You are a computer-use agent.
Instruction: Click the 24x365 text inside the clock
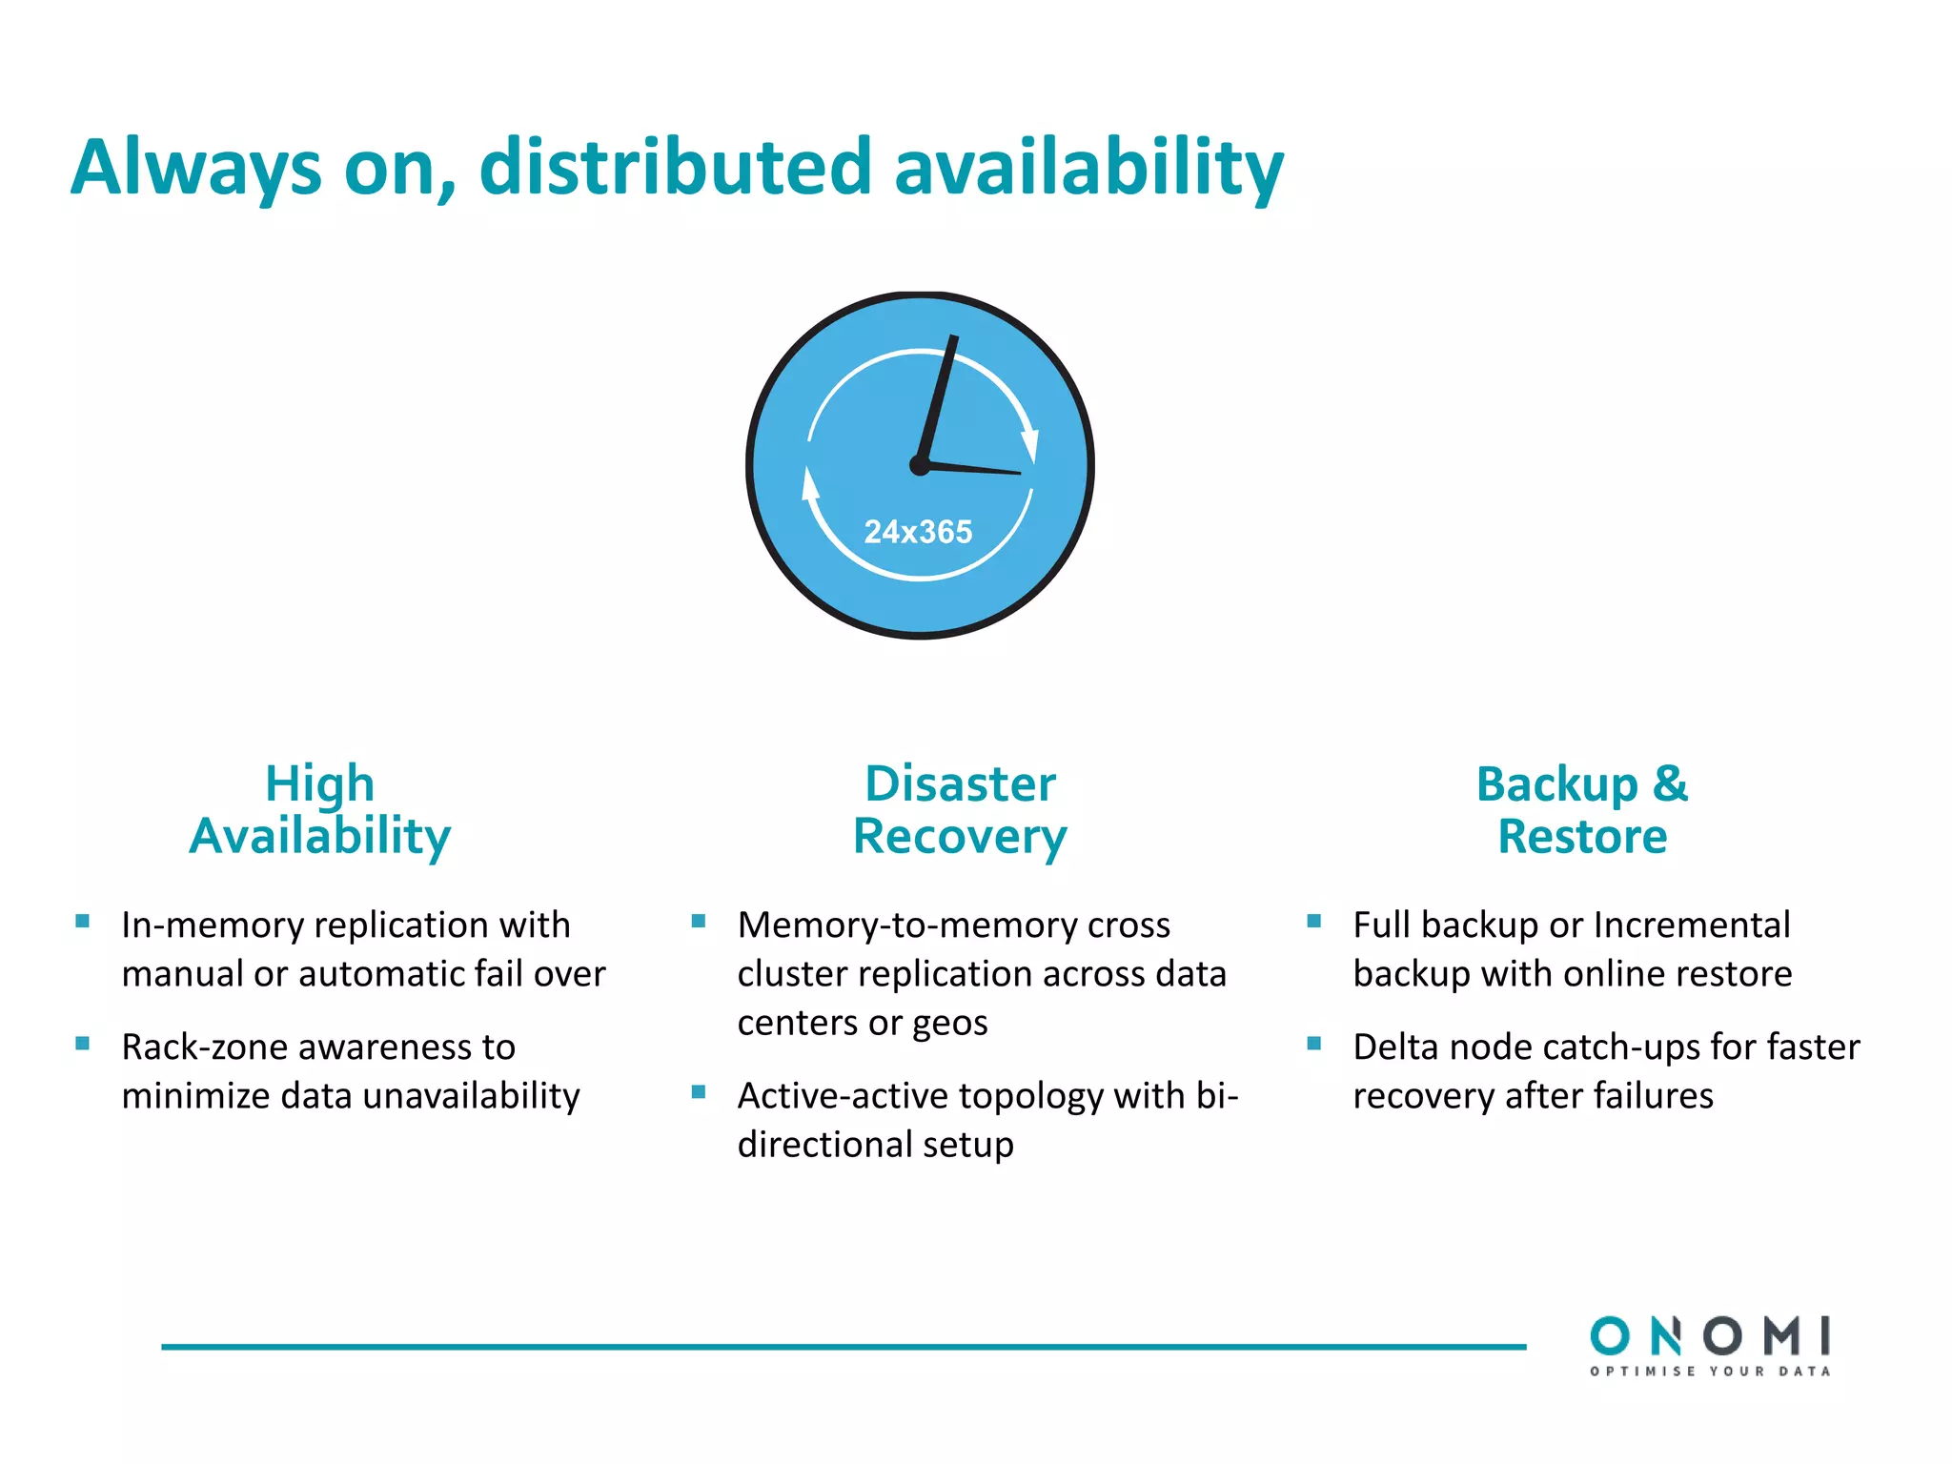click(x=918, y=532)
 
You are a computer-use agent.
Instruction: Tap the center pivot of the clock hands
click(x=920, y=465)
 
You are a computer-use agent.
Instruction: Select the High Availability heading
click(x=320, y=810)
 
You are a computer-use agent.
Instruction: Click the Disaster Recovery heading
click(x=960, y=810)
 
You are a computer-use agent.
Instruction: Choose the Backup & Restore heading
click(x=1582, y=810)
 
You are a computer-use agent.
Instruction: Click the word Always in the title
click(x=196, y=168)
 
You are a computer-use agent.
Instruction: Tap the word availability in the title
click(x=1088, y=168)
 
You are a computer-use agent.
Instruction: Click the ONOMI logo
click(x=1710, y=1336)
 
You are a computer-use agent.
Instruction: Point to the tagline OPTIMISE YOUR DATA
click(x=1710, y=1372)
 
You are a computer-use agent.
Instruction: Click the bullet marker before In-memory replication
click(x=83, y=922)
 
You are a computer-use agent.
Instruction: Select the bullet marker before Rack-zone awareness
click(x=83, y=1044)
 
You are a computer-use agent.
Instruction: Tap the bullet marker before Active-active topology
click(x=699, y=1092)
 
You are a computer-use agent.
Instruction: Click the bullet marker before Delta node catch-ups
click(x=1314, y=1044)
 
